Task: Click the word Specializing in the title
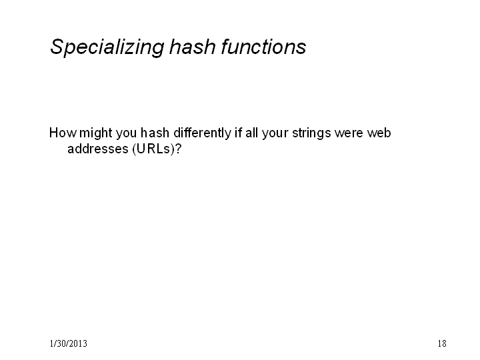107,47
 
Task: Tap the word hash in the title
192,47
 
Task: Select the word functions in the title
263,47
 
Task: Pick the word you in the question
126,135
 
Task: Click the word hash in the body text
155,133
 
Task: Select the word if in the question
238,133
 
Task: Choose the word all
251,133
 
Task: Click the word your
275,135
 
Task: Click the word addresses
97,149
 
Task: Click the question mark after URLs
178,149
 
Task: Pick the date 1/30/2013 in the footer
68,343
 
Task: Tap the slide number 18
442,343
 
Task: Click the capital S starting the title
57,47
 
